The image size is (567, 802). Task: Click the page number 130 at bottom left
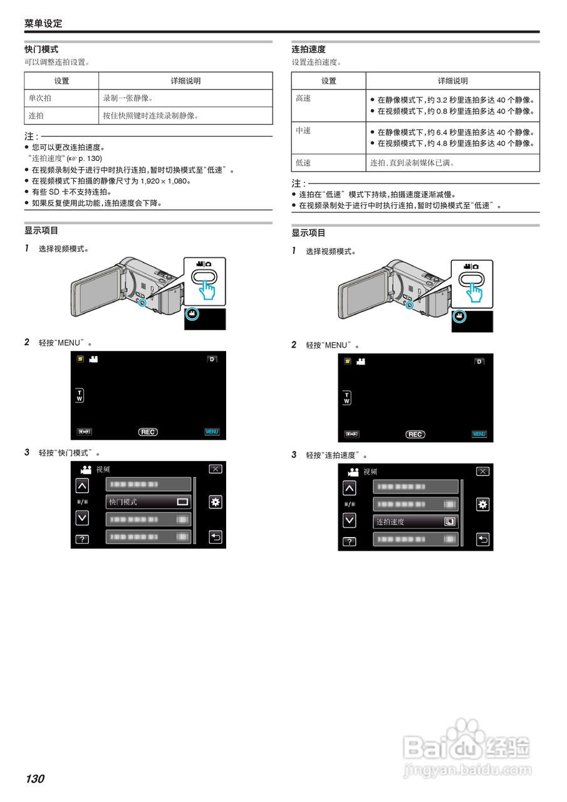(x=35, y=779)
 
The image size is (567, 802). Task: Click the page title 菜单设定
(x=43, y=23)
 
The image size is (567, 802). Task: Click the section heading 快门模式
(x=41, y=49)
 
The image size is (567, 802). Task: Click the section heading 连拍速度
(x=308, y=49)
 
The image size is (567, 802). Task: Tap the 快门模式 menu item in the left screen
(x=148, y=502)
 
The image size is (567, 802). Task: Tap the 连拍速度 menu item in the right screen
(x=416, y=521)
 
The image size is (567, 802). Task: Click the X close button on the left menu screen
(x=216, y=469)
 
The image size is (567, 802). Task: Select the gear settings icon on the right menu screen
(x=483, y=504)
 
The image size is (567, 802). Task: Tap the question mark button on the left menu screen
(x=82, y=539)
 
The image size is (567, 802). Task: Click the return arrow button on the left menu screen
(x=216, y=537)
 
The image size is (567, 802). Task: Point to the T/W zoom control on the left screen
(x=80, y=397)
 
